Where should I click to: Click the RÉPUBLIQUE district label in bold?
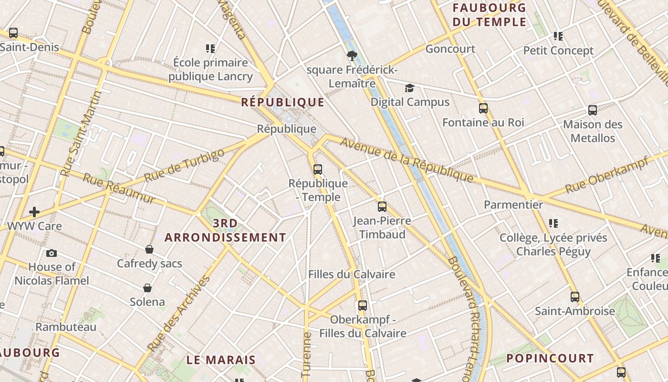(x=282, y=102)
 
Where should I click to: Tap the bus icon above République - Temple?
(x=318, y=169)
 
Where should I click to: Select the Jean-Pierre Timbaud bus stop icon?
(x=382, y=206)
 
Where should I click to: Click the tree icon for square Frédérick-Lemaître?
(x=352, y=56)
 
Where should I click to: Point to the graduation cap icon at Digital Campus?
(x=409, y=88)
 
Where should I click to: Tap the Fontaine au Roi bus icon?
(x=483, y=108)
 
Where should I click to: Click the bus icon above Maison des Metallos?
(x=593, y=110)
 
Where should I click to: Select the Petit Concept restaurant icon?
(x=558, y=36)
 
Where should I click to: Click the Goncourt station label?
(x=450, y=49)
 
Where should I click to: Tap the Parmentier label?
(x=513, y=205)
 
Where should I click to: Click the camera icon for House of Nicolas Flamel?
(x=52, y=253)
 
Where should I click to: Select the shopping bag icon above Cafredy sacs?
(x=149, y=249)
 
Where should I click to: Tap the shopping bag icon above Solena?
(x=147, y=288)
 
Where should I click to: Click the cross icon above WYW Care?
(x=34, y=212)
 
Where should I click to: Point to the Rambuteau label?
(x=66, y=327)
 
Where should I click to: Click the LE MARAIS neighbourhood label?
(x=221, y=360)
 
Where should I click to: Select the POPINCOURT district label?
(x=550, y=359)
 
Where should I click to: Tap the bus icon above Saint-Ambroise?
(x=575, y=297)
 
